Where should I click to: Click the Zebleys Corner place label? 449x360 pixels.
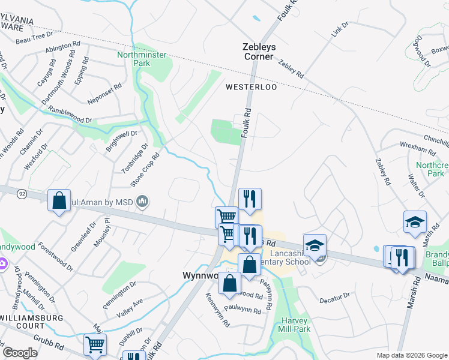[258, 51]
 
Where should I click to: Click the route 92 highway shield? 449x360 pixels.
[21, 193]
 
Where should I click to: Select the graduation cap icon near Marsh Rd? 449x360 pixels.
[415, 223]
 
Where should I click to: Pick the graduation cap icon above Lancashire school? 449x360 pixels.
[315, 245]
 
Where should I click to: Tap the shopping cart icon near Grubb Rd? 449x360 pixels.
[95, 344]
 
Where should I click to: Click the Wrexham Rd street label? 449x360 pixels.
[418, 147]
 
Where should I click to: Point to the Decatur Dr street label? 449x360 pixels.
[334, 297]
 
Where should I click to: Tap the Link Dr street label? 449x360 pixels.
[340, 31]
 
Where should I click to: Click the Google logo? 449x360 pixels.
[20, 353]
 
